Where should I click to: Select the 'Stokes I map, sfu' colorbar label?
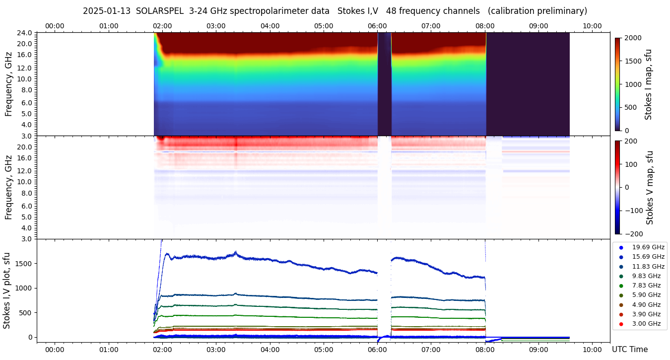coord(648,84)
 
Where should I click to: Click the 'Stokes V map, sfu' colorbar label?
coord(650,188)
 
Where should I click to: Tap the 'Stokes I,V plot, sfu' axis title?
coord(7,290)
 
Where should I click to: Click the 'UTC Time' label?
coord(630,350)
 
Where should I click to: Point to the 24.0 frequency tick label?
coord(25,33)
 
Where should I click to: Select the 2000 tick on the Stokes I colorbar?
coord(633,38)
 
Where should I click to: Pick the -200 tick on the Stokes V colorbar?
coord(634,234)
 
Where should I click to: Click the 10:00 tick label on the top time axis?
coord(592,26)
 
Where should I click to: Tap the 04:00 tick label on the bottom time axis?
coord(270,350)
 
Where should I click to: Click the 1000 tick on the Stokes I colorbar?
coord(633,84)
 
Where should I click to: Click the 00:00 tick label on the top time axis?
coord(55,26)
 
